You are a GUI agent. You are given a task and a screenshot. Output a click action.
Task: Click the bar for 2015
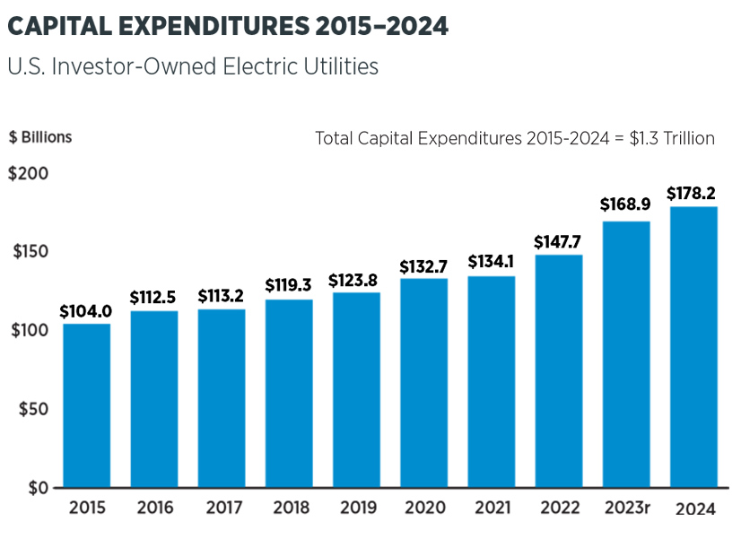pyautogui.click(x=86, y=405)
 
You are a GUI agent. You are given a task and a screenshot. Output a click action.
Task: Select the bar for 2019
pyautogui.click(x=356, y=390)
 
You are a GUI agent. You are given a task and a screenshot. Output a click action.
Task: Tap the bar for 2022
pyautogui.click(x=558, y=371)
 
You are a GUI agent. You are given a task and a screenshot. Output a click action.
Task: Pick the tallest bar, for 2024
pyautogui.click(x=693, y=348)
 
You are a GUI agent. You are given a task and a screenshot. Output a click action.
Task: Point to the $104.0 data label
pyautogui.click(x=86, y=311)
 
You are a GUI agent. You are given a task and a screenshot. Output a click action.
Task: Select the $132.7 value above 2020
pyautogui.click(x=423, y=265)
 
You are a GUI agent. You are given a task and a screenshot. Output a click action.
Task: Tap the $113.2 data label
pyautogui.click(x=221, y=296)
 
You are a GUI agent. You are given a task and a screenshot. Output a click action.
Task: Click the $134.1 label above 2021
pyautogui.click(x=492, y=262)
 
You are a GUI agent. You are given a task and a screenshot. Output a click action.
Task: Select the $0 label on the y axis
pyautogui.click(x=38, y=488)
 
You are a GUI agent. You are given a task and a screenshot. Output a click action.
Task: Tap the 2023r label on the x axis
pyautogui.click(x=626, y=508)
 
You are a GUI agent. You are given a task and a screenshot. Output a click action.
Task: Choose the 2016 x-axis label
pyautogui.click(x=155, y=508)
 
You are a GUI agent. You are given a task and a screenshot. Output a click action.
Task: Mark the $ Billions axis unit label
pyautogui.click(x=40, y=137)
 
